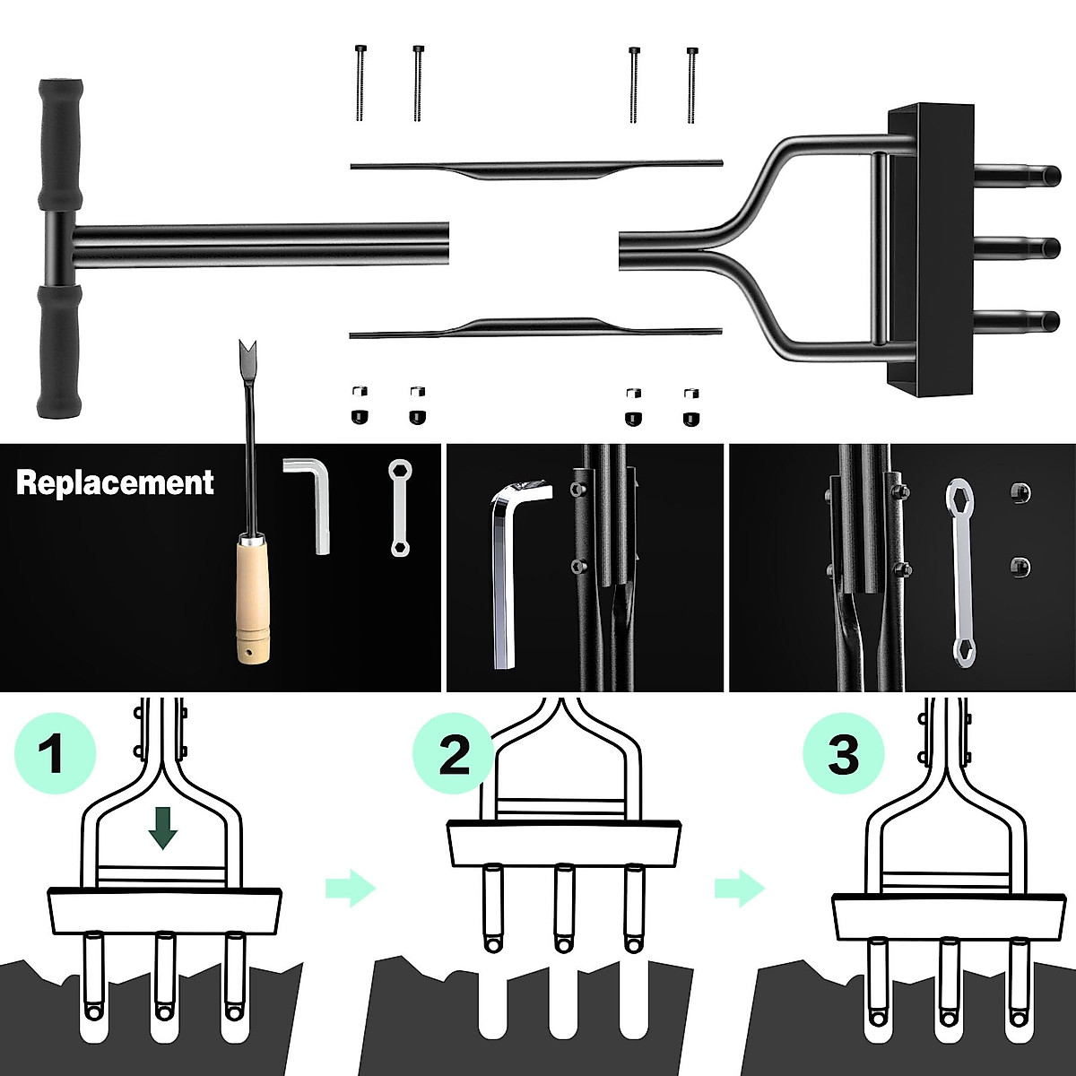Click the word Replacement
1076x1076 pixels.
[x=115, y=482]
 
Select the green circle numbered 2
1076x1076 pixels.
[x=454, y=753]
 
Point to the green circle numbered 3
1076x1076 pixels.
[x=842, y=753]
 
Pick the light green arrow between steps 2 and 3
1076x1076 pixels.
[x=739, y=888]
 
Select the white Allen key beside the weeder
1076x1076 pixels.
[x=310, y=502]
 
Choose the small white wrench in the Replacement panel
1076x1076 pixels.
[x=398, y=508]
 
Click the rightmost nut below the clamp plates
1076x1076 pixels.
[x=690, y=406]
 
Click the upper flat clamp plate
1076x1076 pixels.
[x=536, y=168]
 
